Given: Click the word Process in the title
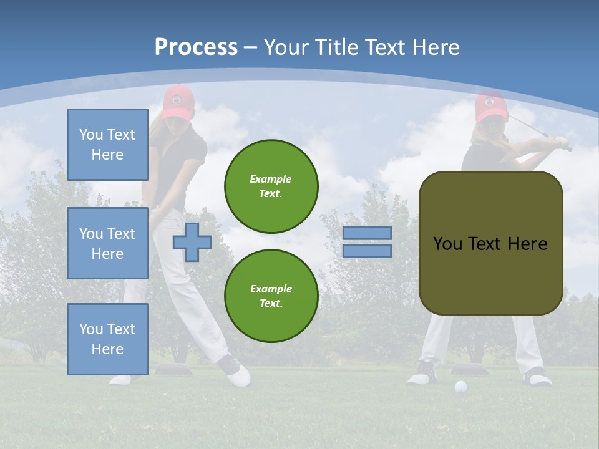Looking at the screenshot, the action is click(196, 47).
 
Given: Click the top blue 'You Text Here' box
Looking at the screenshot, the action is click(107, 145).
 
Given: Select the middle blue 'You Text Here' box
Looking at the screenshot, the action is click(107, 243).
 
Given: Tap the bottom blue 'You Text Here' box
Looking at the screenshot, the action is click(107, 339).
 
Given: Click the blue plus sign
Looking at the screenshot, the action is click(192, 242).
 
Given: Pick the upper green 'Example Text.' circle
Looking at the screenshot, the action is click(271, 186).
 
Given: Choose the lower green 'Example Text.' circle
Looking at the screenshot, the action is click(271, 296).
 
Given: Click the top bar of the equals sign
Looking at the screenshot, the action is click(367, 233).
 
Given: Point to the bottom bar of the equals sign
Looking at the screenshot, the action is click(367, 251).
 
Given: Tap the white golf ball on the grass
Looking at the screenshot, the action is click(460, 387).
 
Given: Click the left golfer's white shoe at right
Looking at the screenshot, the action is click(238, 376).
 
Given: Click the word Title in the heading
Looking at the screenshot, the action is click(339, 47).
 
